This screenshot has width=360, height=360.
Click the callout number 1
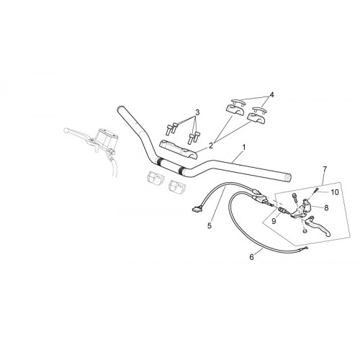tap(244, 148)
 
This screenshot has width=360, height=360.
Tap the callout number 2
tap(211, 145)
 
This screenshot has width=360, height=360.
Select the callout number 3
tap(197, 112)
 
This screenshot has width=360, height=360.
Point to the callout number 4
tap(271, 95)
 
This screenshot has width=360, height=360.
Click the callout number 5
tap(210, 225)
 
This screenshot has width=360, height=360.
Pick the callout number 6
tap(251, 257)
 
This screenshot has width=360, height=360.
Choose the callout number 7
tap(325, 169)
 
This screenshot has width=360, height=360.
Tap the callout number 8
tap(326, 207)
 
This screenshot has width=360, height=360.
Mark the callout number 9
tap(274, 221)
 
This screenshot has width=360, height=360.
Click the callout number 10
tap(335, 192)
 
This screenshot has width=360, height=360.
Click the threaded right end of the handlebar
tap(288, 177)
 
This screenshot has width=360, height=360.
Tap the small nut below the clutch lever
tap(305, 231)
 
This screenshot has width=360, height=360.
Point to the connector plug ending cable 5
tap(196, 210)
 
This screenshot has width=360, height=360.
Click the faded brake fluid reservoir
tap(107, 138)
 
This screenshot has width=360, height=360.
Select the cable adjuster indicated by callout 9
tap(282, 210)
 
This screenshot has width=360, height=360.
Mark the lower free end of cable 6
tap(306, 248)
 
